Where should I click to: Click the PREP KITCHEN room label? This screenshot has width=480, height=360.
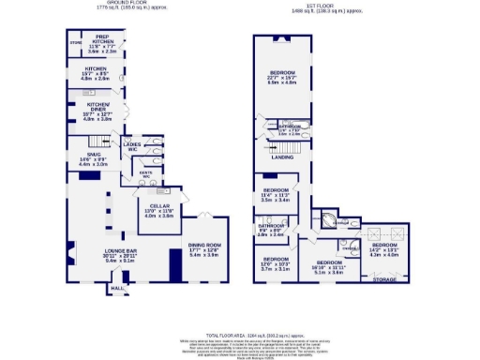point(103,40)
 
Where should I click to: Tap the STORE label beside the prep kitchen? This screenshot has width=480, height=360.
point(76,43)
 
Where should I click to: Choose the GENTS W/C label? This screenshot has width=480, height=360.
point(145,174)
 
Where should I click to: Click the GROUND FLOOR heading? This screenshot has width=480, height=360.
point(98,4)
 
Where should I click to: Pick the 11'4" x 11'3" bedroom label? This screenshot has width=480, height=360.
point(276,190)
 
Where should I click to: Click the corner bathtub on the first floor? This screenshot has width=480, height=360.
point(328,222)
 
